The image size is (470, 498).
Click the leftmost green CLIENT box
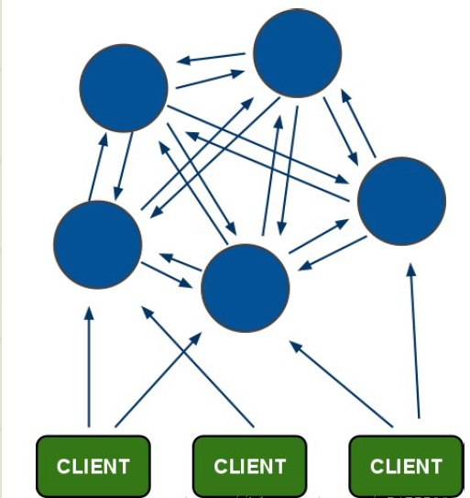tap(93, 466)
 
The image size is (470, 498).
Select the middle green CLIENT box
tap(249, 466)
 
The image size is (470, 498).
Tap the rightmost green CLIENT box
tap(406, 466)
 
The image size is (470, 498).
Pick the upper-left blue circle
tap(124, 86)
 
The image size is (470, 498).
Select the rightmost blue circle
tap(401, 201)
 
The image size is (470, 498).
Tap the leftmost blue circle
tap(98, 244)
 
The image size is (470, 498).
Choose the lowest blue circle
tap(245, 288)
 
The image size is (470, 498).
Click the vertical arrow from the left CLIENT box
tap(89, 367)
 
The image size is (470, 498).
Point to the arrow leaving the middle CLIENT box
tap(197, 367)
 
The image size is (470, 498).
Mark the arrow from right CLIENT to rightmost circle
tap(414, 339)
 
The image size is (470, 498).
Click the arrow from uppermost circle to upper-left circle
tap(212, 58)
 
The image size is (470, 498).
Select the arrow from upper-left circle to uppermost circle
tap(211, 80)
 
